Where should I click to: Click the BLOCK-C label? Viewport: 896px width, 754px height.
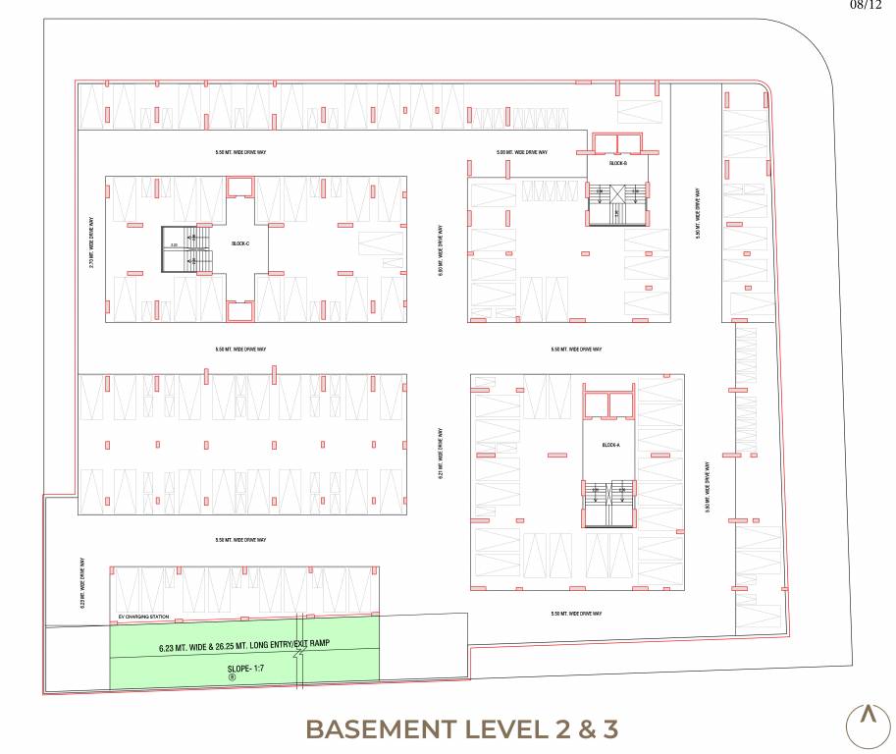[x=238, y=242]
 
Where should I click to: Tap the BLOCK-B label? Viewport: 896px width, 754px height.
[x=617, y=163]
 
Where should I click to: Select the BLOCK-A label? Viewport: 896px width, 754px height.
[x=611, y=445]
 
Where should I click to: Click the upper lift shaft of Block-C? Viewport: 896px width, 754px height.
[x=239, y=186]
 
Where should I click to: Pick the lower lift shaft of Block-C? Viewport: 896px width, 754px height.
[x=239, y=312]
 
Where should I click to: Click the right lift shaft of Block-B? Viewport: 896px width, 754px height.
[x=628, y=144]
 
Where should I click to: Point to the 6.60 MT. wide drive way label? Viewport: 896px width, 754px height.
[x=442, y=252]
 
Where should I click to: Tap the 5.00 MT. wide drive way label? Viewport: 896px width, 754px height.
[x=521, y=152]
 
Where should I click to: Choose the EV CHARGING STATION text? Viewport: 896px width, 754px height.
[x=143, y=617]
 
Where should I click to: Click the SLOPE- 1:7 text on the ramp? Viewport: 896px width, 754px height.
[x=233, y=668]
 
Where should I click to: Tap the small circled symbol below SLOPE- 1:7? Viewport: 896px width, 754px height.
[x=233, y=677]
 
